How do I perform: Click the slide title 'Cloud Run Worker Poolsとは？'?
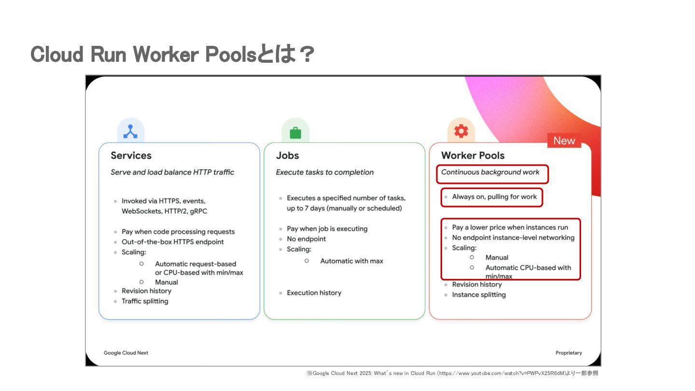172,55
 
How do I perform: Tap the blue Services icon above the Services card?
130,131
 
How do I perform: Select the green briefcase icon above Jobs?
295,132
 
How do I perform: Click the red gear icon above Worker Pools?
461,131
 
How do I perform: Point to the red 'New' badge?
564,140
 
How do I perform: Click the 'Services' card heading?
131,155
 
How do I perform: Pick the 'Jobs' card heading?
288,155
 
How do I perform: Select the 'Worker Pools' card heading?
473,155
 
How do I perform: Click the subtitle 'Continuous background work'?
490,172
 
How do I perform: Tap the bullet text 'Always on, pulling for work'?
494,197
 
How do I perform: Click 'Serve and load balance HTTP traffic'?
172,172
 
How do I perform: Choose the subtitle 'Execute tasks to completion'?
325,172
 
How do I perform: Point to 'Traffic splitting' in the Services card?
145,301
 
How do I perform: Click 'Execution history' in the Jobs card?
314,293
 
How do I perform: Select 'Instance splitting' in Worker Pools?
479,295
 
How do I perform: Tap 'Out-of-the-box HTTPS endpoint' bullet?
172,242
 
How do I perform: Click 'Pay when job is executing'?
327,229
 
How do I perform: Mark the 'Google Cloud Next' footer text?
126,353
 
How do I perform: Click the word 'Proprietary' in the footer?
569,353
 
